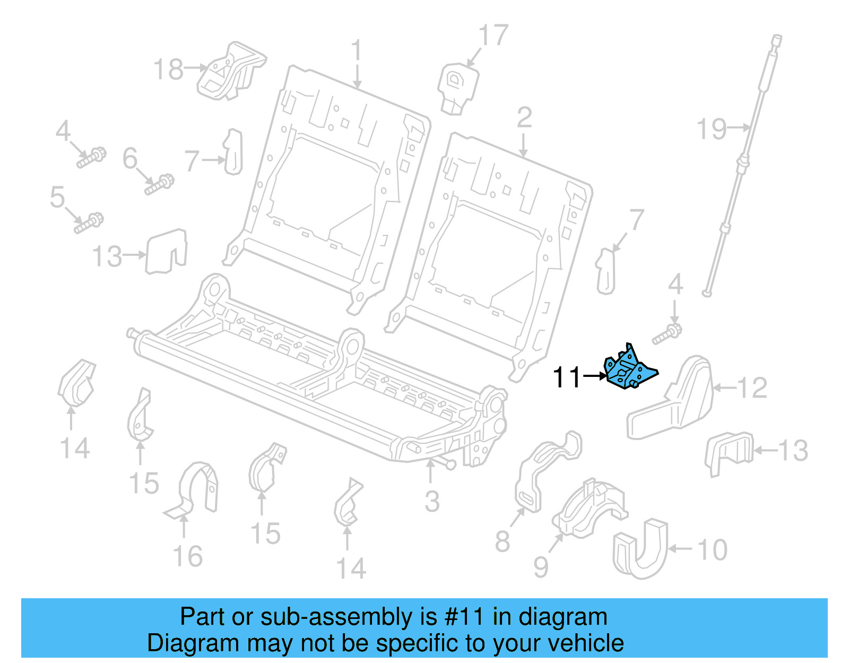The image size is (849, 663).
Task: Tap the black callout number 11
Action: tap(567, 377)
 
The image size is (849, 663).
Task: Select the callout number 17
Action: tap(493, 36)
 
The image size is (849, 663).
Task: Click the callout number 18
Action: tap(168, 70)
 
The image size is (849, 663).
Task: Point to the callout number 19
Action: tap(711, 129)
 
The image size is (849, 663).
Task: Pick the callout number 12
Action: tap(752, 388)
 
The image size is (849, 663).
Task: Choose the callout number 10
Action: tap(712, 549)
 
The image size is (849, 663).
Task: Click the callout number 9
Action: tap(540, 567)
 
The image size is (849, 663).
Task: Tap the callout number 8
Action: tap(502, 541)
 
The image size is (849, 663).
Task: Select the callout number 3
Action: tap(432, 502)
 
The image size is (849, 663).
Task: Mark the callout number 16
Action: tap(188, 556)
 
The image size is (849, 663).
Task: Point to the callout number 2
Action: tap(524, 118)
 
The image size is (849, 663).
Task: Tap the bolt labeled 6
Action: tap(159, 185)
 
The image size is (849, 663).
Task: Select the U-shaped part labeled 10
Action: tap(640, 549)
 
